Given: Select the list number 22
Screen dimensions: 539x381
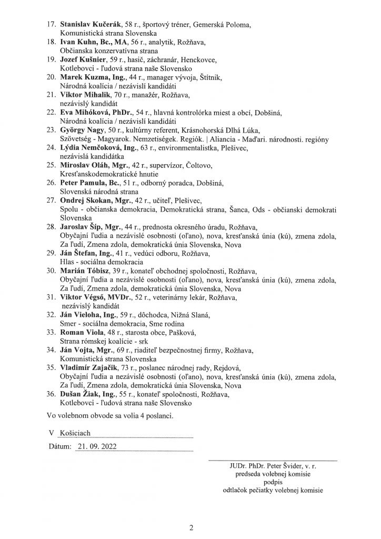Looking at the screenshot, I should (x=52, y=112).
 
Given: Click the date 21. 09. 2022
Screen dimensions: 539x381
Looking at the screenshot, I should (x=96, y=445).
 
